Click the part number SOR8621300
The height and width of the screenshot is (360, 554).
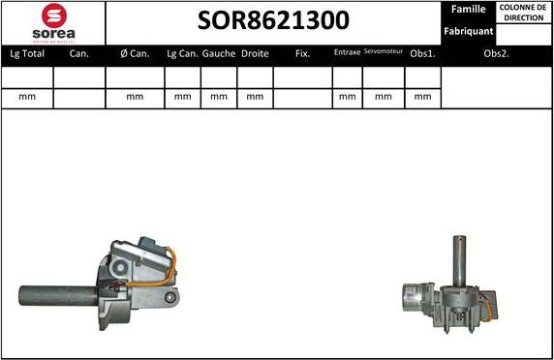(x=274, y=21)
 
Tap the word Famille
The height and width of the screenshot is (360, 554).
(x=469, y=9)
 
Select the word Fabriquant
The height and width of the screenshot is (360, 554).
(x=469, y=31)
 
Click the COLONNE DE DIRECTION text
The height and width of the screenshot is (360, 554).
(x=523, y=13)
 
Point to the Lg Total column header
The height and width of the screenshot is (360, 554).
(x=27, y=54)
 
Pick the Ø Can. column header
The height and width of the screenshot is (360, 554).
(x=135, y=54)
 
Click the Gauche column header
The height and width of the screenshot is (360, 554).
(x=219, y=54)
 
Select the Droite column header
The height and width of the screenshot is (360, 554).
(x=255, y=54)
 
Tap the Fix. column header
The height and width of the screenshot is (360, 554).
(x=302, y=54)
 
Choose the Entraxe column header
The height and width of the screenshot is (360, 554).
(x=347, y=52)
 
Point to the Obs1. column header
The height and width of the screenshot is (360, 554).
(x=422, y=54)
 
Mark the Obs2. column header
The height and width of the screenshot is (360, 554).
(x=496, y=54)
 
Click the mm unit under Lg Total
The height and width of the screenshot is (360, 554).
(x=27, y=97)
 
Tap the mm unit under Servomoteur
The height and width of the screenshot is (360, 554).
(x=384, y=97)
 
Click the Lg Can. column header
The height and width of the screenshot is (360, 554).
(x=183, y=54)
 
